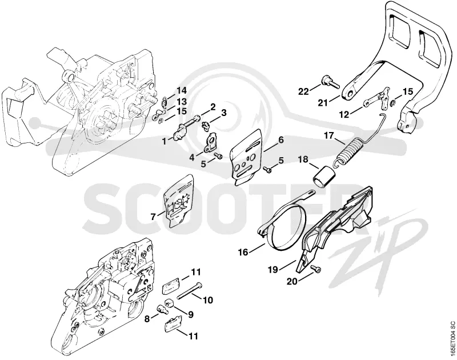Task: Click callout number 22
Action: coord(303,91)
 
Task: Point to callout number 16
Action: coord(243,252)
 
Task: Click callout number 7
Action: coord(153,217)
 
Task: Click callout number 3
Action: coord(223,113)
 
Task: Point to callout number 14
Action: coord(181,90)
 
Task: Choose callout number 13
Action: coord(181,102)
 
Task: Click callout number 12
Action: coord(344,115)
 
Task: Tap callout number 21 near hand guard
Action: coord(323,103)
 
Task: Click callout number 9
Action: coord(190,314)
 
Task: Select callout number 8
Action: coord(147,319)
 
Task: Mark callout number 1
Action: coord(165,142)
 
